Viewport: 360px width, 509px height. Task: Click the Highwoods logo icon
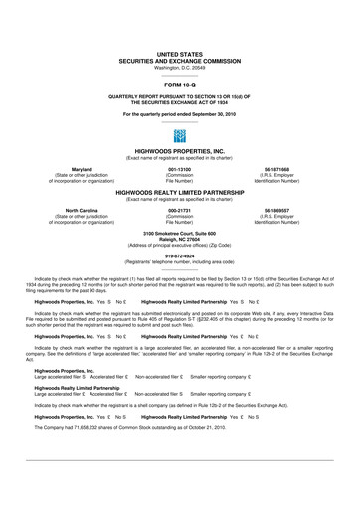(180, 134)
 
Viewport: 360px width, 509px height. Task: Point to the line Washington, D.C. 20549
(180, 67)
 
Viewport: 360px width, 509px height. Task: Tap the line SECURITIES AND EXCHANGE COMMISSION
(180, 61)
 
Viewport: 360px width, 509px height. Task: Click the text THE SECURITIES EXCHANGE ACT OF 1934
(180, 103)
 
